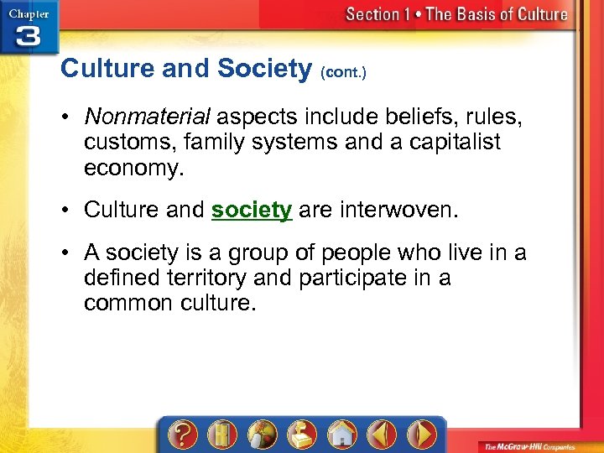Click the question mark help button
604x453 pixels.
(185, 435)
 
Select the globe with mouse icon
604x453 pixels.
(263, 435)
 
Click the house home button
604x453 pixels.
(341, 435)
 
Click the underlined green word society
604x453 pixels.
(251, 210)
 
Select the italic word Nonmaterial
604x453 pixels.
(148, 117)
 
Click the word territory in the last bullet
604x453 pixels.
(221, 278)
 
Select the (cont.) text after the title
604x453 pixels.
(344, 73)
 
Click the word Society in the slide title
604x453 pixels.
(264, 69)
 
